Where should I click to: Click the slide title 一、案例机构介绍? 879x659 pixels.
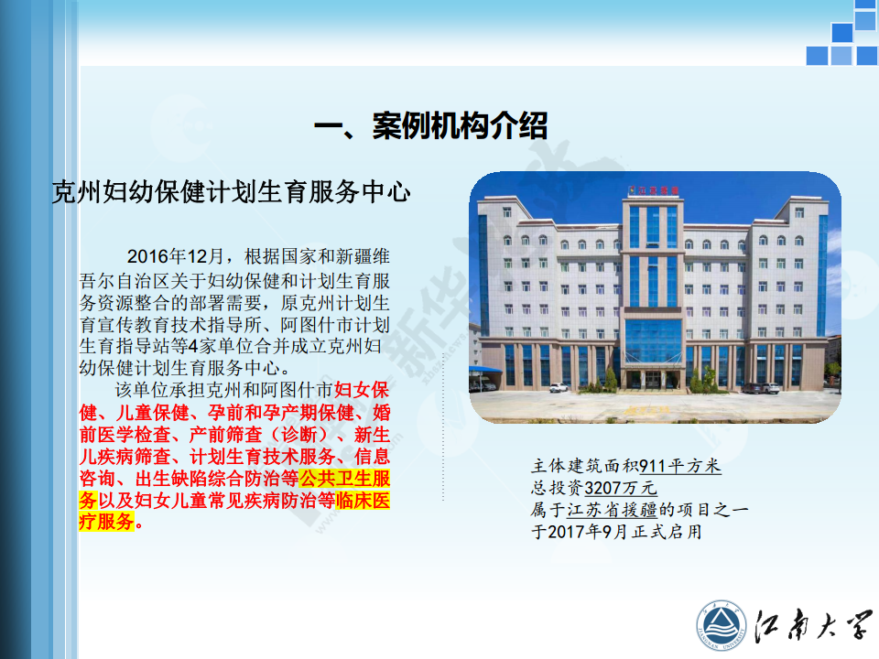[430, 125]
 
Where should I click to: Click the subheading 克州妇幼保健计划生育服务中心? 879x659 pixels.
[231, 192]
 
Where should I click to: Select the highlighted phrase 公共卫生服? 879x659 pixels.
[345, 479]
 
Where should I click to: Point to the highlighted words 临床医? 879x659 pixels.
[364, 500]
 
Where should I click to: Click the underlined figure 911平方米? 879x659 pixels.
[680, 466]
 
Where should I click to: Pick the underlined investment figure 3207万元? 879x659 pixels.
[621, 488]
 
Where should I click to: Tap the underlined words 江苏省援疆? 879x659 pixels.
[612, 510]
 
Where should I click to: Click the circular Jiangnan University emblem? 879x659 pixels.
[722, 626]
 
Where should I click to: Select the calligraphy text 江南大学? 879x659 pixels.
[813, 624]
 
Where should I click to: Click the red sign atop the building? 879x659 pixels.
[653, 190]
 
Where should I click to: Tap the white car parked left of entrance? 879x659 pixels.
[559, 387]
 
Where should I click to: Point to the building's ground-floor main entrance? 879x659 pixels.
[653, 378]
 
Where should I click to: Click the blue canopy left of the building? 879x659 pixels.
[485, 370]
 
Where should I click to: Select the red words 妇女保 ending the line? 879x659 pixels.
[362, 390]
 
